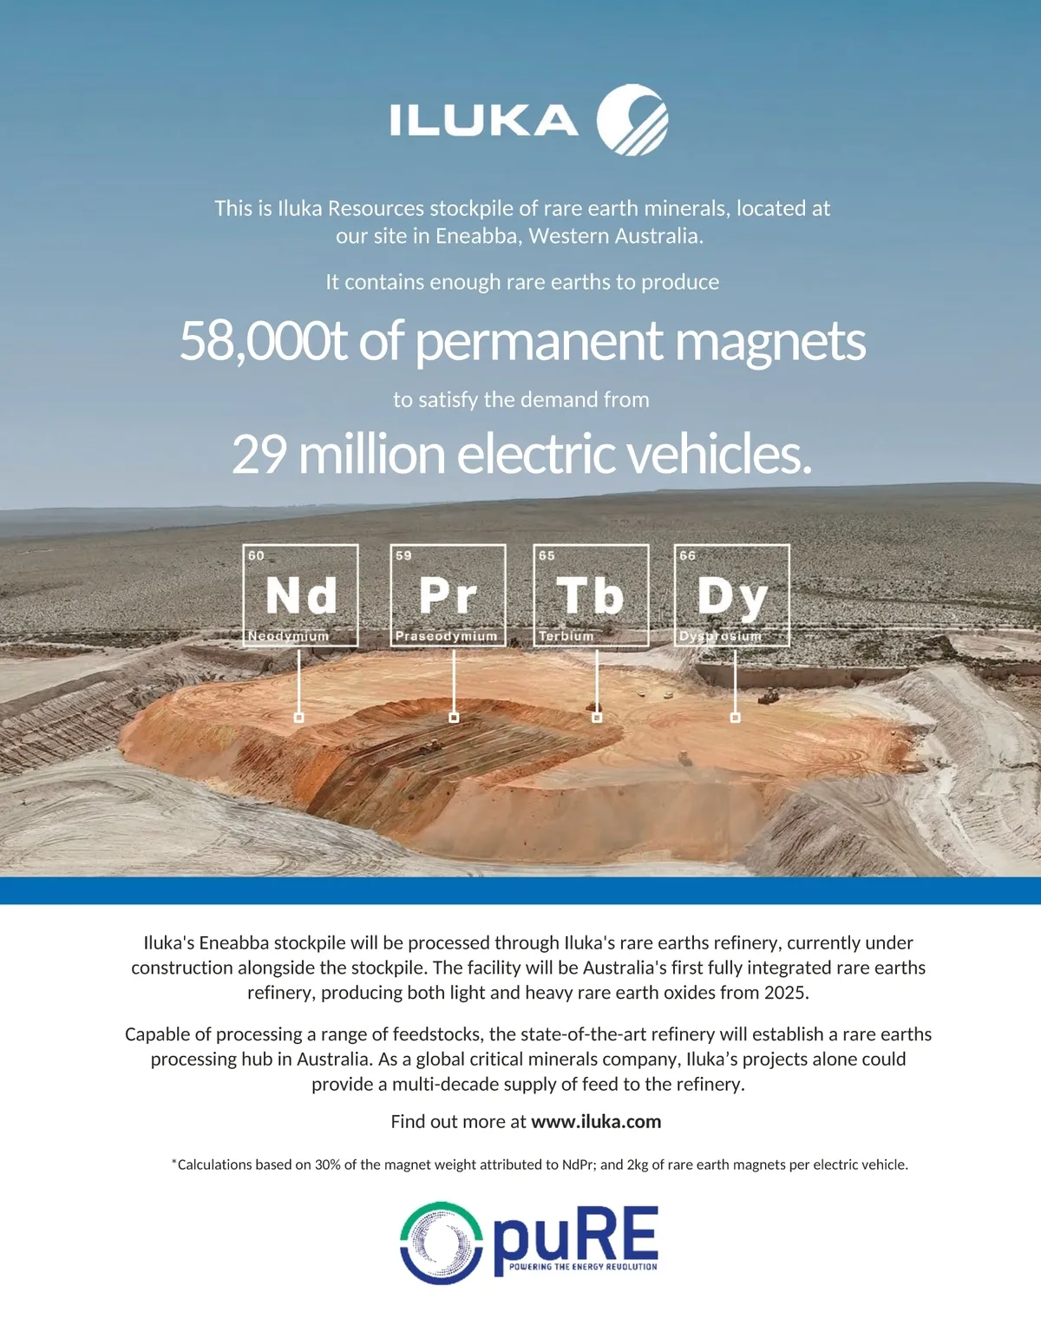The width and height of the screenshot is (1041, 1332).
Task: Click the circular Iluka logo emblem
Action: click(632, 120)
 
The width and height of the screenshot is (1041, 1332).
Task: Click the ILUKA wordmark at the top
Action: click(483, 121)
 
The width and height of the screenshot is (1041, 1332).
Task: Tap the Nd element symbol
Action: click(301, 596)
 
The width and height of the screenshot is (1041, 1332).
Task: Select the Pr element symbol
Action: click(448, 596)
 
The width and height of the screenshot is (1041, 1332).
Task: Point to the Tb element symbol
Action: click(591, 596)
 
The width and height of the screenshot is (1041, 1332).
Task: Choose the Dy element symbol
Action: click(732, 598)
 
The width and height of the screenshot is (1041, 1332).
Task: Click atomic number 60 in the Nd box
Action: click(256, 555)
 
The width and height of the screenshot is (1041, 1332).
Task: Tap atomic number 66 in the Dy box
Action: click(687, 555)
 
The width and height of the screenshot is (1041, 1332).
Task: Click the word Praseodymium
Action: click(446, 636)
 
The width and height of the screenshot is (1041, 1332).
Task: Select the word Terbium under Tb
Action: click(566, 636)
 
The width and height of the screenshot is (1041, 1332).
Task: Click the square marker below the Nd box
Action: click(299, 718)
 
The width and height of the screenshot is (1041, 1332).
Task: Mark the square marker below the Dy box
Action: click(736, 718)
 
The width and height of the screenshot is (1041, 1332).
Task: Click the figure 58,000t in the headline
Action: click(264, 341)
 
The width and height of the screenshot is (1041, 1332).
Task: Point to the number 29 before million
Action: click(259, 454)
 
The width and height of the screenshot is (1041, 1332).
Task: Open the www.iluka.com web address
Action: click(596, 1121)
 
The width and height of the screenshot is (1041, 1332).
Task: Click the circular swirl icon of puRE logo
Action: click(442, 1243)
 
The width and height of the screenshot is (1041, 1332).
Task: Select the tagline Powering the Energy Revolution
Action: click(582, 1267)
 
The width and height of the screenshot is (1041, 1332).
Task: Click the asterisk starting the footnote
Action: click(173, 1162)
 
